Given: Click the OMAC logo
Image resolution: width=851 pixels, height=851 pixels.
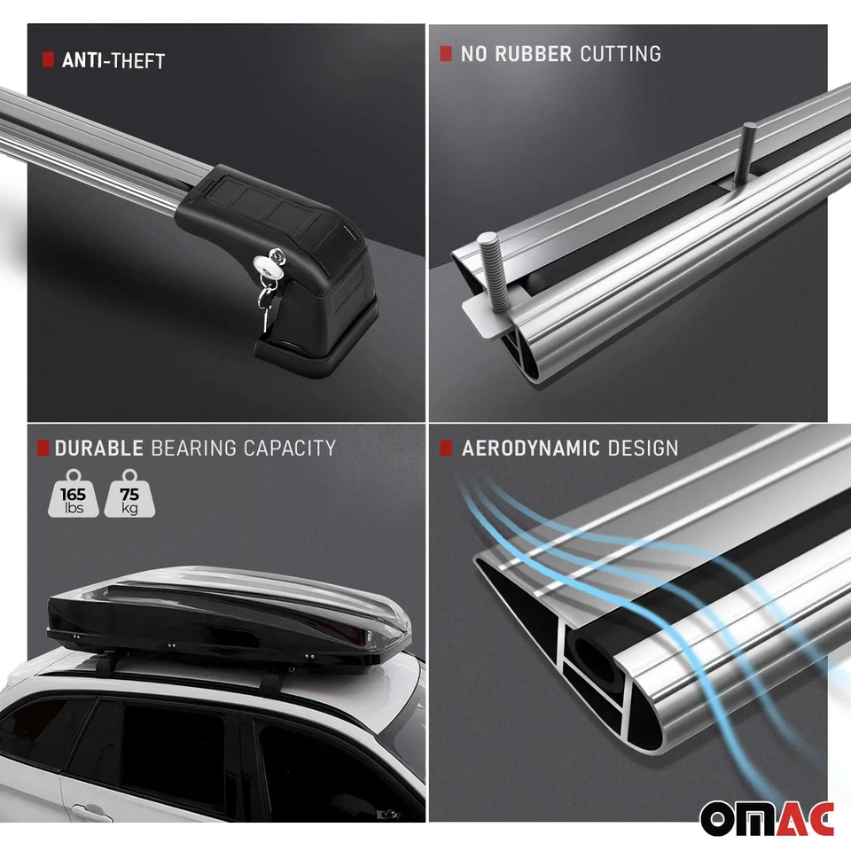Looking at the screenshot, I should click(x=767, y=818).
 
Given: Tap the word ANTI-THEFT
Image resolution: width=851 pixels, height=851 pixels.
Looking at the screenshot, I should click(x=113, y=61).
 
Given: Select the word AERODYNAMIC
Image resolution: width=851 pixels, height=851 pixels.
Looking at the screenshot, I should click(x=530, y=448).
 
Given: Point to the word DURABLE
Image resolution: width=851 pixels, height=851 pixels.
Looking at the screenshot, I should click(x=99, y=448).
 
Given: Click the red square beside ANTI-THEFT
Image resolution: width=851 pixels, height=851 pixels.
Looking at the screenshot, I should click(x=48, y=59).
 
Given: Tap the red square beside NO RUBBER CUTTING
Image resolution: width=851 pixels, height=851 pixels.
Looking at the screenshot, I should click(x=446, y=53).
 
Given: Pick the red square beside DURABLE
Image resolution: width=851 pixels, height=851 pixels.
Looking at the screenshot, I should click(x=43, y=446).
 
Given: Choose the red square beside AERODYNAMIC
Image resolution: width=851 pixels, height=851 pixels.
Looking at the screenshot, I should click(x=446, y=447).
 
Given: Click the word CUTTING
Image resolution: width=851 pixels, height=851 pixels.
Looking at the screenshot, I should click(x=621, y=54).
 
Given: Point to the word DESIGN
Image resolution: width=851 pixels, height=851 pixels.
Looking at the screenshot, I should click(x=643, y=448).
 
